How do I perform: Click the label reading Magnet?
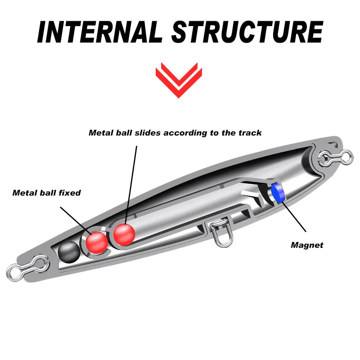307,245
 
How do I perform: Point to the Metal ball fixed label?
46,193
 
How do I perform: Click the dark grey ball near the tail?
69,250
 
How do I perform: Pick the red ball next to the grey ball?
96,243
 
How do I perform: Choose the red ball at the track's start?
124,233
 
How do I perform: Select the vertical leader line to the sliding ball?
131,180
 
